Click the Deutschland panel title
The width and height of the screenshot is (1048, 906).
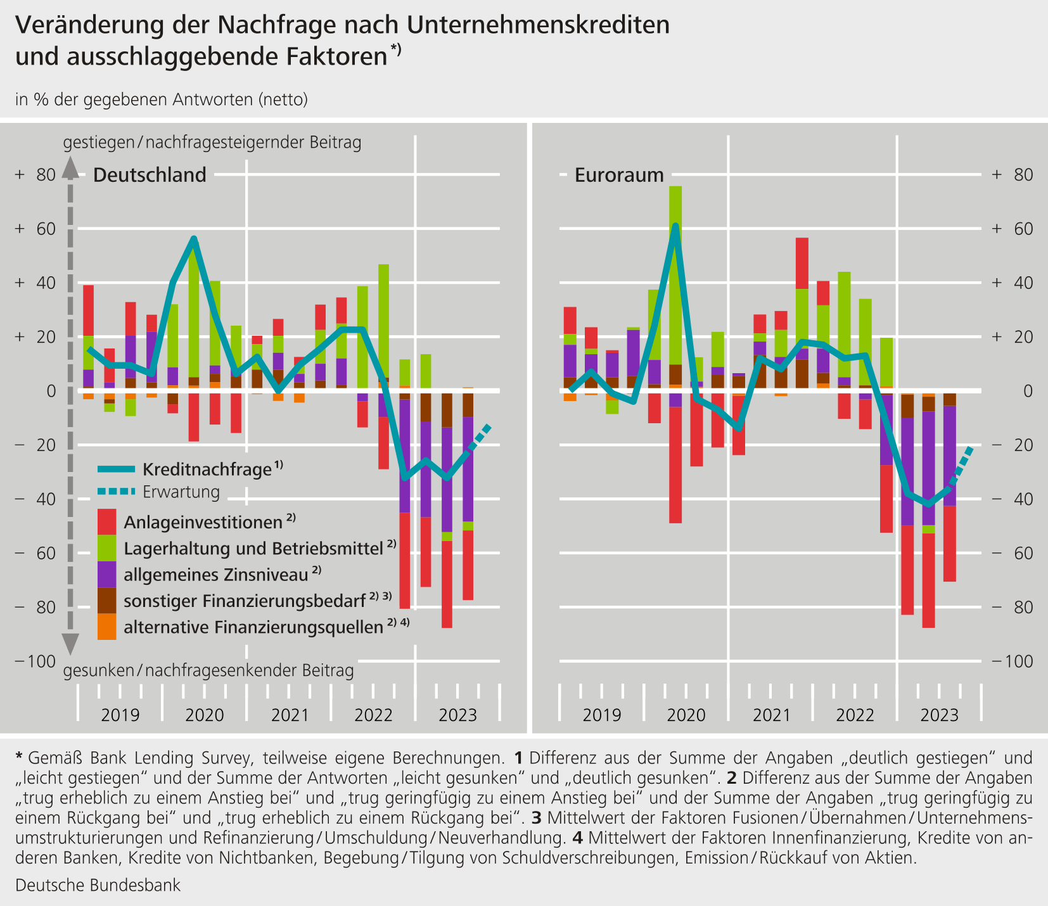150,175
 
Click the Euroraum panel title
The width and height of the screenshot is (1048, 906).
619,175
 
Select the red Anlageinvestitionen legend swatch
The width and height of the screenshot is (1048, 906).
107,522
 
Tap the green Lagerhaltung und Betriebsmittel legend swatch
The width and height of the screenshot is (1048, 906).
107,548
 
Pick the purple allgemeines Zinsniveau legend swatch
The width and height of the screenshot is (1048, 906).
107,574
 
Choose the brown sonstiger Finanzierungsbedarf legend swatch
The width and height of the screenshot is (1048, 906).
107,600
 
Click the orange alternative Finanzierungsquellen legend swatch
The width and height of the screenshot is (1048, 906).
107,627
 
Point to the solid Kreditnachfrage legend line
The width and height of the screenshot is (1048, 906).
117,469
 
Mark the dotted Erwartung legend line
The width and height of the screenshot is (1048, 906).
117,492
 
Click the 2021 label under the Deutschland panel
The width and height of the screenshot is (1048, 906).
290,715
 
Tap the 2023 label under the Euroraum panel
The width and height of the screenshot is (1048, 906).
939,715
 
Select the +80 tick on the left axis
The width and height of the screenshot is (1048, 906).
37,175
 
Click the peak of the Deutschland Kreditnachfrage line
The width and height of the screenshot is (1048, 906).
194,238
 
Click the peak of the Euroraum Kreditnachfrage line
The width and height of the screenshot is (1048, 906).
675,226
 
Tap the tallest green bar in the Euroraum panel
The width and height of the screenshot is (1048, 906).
675,276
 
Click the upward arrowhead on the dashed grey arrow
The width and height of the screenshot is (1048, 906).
70,168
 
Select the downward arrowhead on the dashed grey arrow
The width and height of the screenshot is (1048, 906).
70,643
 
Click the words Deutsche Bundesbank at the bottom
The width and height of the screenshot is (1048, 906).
98,885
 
